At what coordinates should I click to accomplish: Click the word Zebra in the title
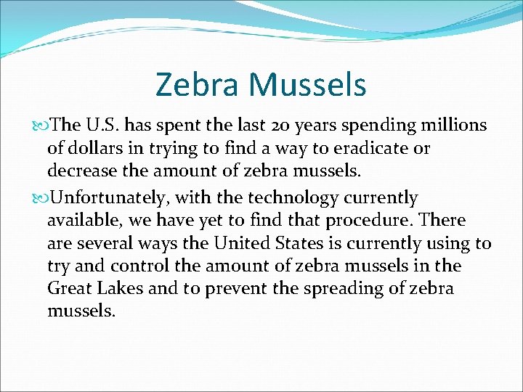click(197, 84)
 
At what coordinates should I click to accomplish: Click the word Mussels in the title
click(308, 84)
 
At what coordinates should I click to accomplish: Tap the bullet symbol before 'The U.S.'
click(41, 126)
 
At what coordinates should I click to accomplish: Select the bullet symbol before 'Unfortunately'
click(41, 198)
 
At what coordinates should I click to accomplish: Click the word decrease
click(79, 171)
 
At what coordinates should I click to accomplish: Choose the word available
click(81, 220)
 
